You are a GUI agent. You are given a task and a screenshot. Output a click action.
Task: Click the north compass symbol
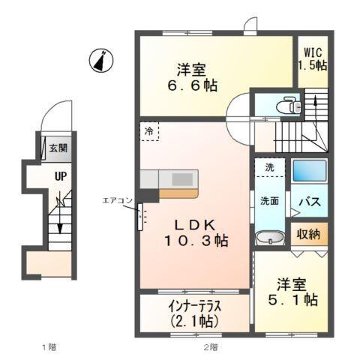100,60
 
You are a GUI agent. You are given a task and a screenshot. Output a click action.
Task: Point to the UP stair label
58,178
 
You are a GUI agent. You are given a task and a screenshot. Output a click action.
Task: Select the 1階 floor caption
49,346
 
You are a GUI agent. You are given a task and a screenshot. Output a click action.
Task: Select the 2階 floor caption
211,346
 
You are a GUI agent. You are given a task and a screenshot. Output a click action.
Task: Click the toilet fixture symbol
286,106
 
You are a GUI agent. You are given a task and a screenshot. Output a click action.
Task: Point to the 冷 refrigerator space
148,132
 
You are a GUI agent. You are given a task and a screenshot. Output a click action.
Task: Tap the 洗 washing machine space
268,166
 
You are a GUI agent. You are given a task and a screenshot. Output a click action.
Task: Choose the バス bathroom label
310,202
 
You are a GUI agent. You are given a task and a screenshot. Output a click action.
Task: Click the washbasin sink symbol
269,239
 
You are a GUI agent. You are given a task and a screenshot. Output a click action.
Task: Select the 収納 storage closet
309,234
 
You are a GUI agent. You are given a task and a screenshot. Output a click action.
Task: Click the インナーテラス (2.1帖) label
193,313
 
